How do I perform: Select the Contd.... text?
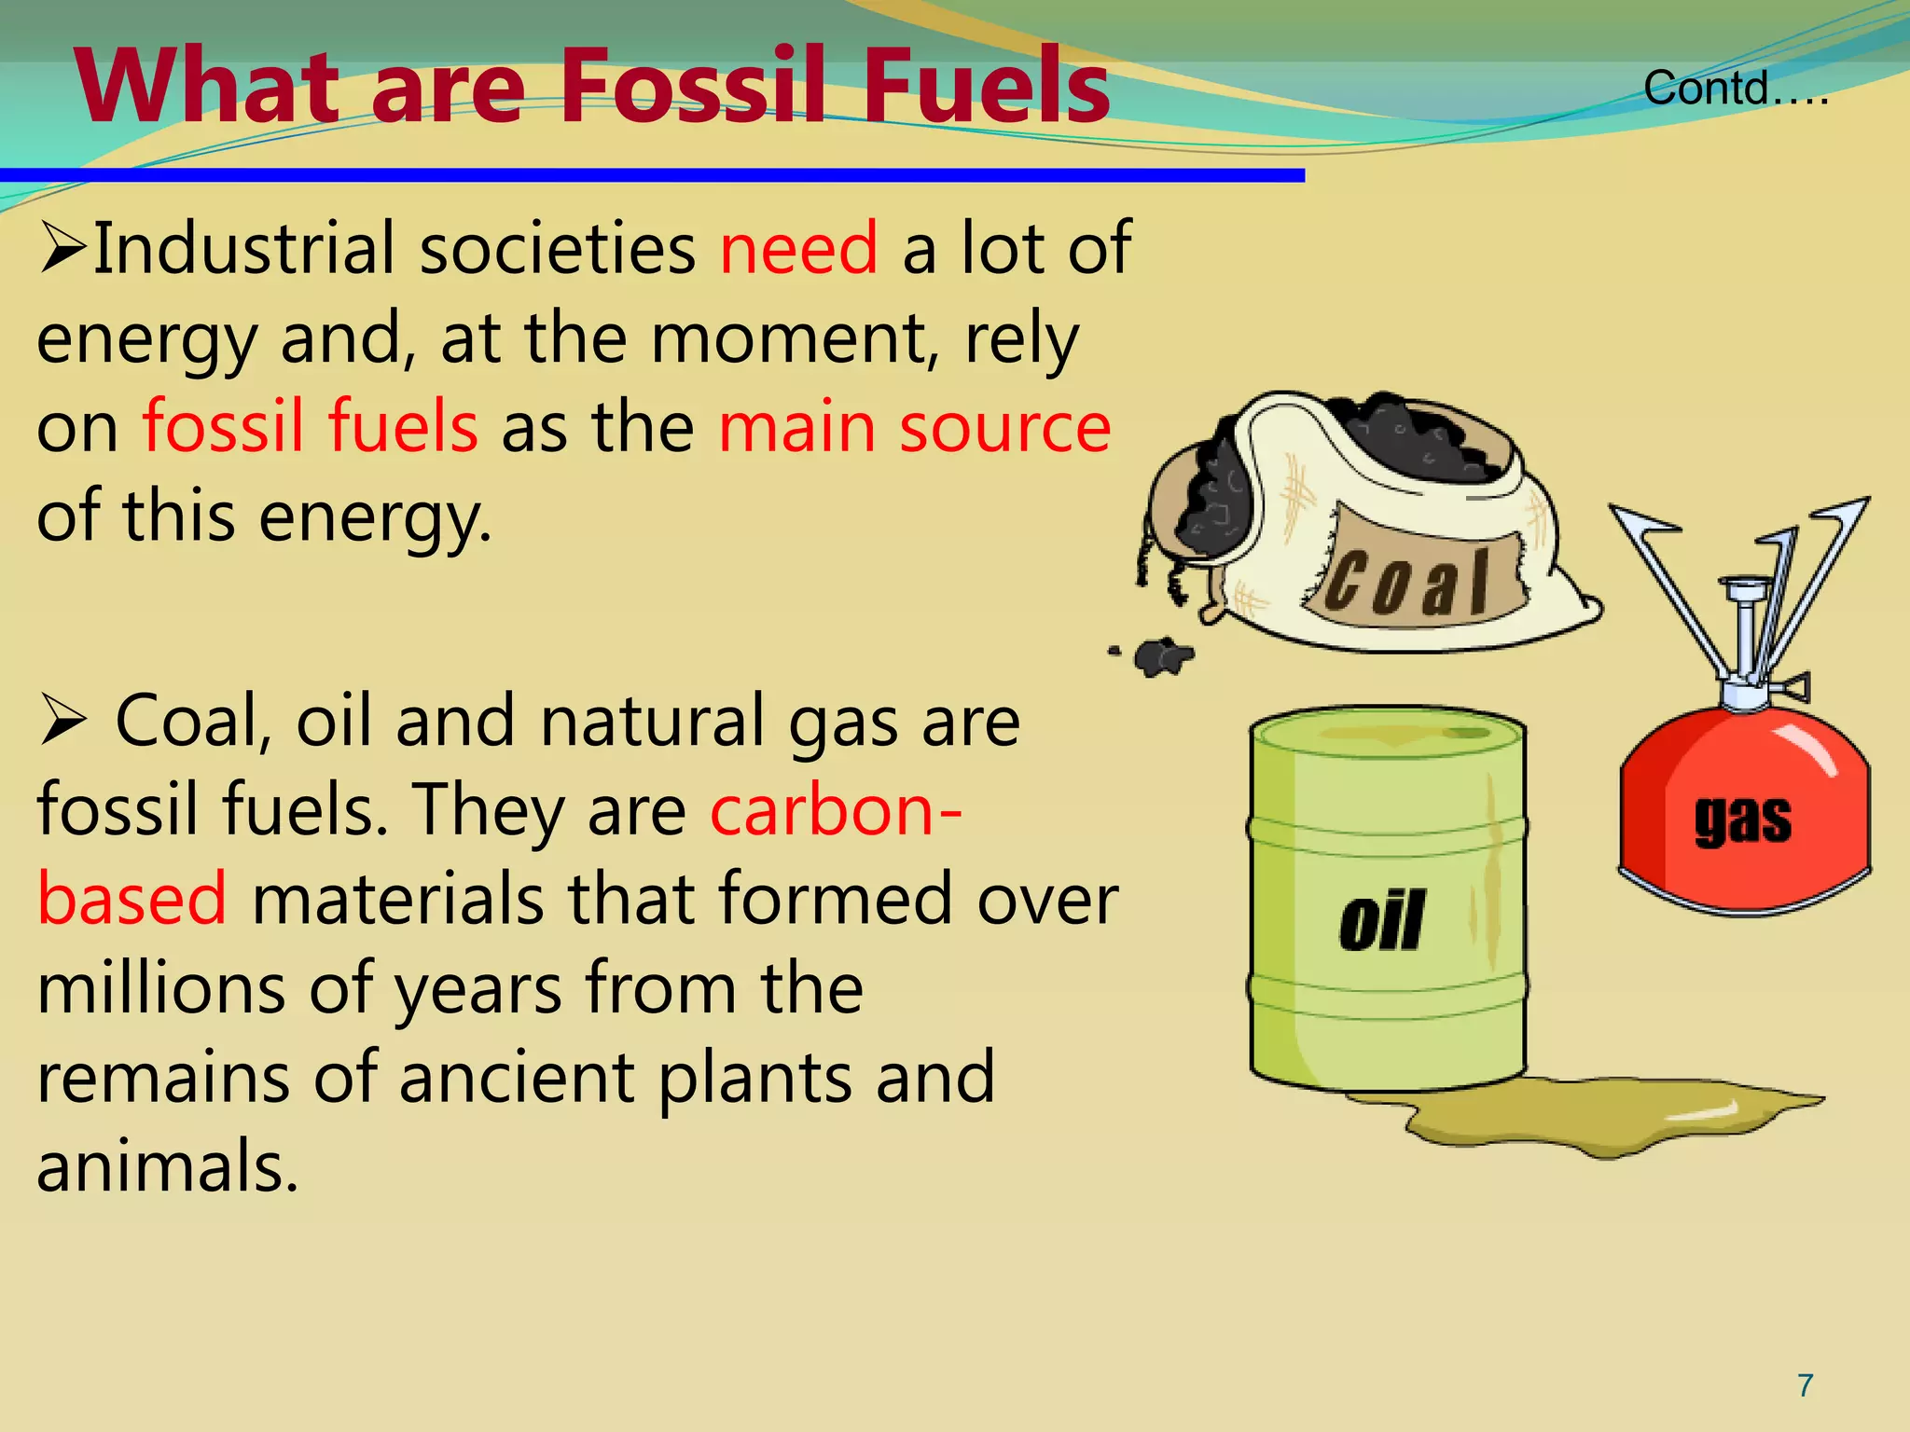pos(1735,89)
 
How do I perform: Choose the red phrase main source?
pos(914,427)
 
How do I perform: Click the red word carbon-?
pos(836,809)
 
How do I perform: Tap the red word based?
pos(131,898)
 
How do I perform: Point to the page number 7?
pos(1806,1385)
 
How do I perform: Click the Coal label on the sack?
pos(1408,583)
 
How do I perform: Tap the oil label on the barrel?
pos(1381,920)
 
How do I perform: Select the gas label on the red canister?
pos(1742,819)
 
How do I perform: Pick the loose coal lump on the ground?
pos(1159,656)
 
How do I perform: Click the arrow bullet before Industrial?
pos(62,250)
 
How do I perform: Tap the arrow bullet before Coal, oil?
pos(62,723)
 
